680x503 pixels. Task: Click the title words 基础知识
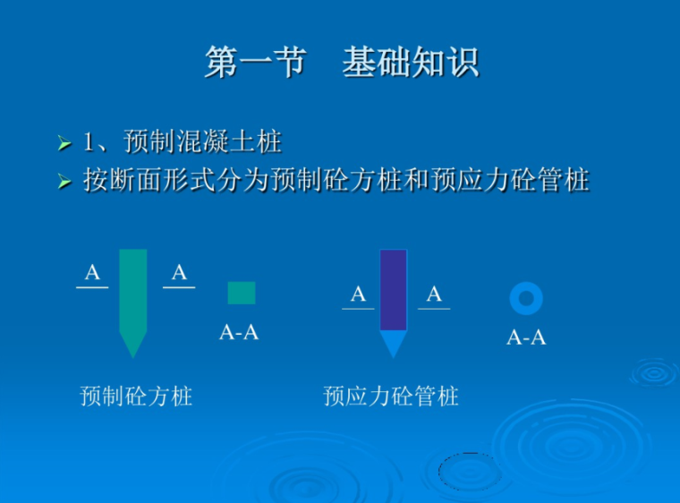pos(411,63)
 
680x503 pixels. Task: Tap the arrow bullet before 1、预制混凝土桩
pos(64,143)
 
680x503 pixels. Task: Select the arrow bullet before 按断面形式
pos(64,182)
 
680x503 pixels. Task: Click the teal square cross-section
pos(242,293)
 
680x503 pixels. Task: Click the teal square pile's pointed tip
pos(132,345)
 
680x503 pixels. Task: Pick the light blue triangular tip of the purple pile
pos(393,343)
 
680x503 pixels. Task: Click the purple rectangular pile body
pos(393,289)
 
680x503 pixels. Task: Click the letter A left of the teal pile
pos(92,273)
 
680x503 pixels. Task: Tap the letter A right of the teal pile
pos(179,273)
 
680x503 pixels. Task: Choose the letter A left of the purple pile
pos(358,294)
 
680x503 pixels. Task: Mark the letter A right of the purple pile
pos(434,294)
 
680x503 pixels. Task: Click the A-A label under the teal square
pos(239,333)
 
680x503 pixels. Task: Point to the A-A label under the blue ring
pos(526,337)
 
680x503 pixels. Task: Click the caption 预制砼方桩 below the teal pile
pos(136,396)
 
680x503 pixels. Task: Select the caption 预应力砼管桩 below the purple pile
pos(391,396)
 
